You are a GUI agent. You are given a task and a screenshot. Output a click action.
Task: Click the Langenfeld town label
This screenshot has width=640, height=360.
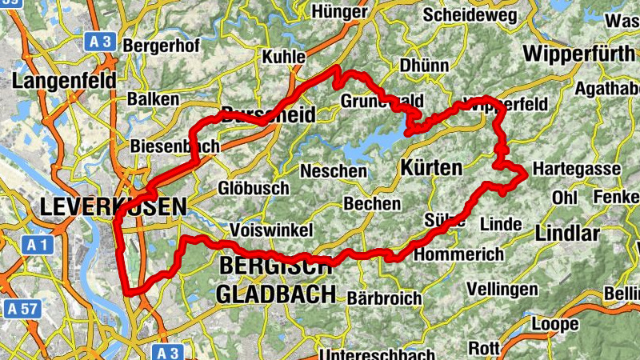pos(65,82)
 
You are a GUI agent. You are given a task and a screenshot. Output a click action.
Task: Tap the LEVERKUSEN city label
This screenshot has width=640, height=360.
pos(112,206)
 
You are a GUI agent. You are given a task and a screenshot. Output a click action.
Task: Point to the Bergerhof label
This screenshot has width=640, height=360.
pos(160,46)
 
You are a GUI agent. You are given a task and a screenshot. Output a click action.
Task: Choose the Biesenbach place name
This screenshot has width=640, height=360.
pos(162,147)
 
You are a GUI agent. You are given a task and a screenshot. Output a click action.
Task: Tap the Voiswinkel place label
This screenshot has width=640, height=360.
pos(270,230)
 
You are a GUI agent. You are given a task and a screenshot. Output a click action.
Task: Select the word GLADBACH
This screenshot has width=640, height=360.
pos(276,294)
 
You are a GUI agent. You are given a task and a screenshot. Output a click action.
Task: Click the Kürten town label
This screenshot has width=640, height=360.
pos(430,168)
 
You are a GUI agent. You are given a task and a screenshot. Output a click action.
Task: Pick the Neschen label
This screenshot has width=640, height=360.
pos(334,171)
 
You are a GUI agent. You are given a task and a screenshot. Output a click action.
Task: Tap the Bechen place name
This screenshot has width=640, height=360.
pos(372,204)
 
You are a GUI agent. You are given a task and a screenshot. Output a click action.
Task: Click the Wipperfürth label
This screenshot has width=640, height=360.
pos(578,54)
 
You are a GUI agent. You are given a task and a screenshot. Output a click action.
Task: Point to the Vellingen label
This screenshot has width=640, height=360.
pos(502,288)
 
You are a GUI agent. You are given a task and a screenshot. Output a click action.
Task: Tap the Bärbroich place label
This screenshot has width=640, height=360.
pos(385,298)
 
